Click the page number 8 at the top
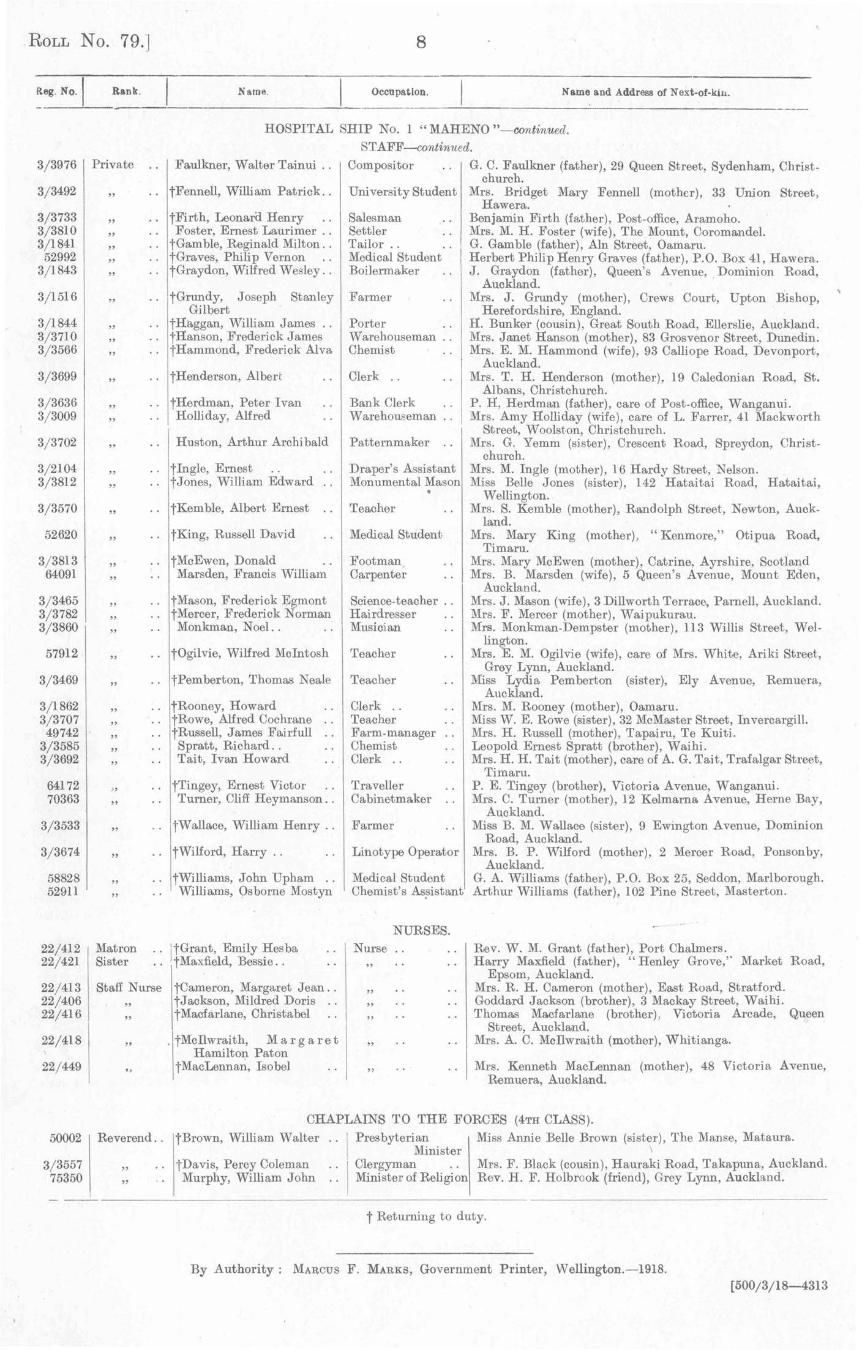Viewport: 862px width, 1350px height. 421,42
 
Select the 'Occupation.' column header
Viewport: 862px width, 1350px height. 400,92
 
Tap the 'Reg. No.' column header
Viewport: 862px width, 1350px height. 57,92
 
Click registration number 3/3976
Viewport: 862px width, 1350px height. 57,165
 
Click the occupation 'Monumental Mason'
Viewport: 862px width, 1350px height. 405,482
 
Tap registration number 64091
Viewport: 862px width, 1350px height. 61,574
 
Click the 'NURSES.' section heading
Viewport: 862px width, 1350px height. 421,931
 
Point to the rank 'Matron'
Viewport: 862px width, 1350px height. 116,948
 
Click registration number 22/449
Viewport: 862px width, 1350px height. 59,1067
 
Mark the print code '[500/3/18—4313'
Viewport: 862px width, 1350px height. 779,1285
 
